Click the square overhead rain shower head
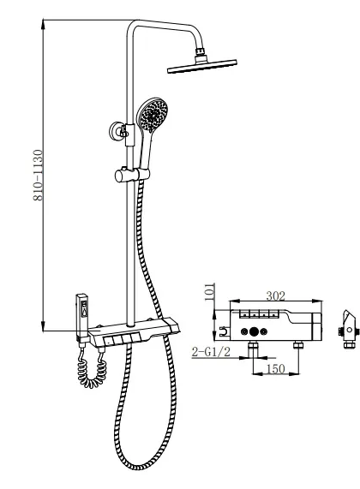pos(202,66)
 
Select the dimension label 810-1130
pos(38,176)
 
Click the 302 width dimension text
pos(275,295)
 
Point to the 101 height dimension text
pos(210,291)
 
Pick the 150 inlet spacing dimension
pos(276,369)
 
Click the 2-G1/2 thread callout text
pos(211,352)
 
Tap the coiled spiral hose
pos(92,371)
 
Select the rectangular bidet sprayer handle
pos(82,315)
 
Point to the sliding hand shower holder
pos(132,175)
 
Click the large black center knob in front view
pos(255,331)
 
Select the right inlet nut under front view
pos(299,345)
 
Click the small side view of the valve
pos(347,330)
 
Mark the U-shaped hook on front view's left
pos(223,331)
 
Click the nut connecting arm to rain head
pos(200,51)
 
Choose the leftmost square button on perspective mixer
pos(109,341)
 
